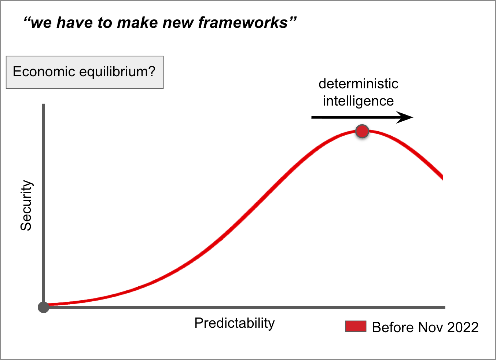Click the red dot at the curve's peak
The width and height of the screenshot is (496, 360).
(x=362, y=131)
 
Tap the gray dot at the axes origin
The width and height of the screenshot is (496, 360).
(x=43, y=307)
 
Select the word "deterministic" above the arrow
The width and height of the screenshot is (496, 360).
(x=359, y=84)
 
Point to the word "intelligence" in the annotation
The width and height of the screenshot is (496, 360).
(x=358, y=101)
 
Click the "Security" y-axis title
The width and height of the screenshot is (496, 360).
(x=26, y=205)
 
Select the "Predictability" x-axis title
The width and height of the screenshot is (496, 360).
(x=235, y=323)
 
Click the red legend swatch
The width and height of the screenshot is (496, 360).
(x=356, y=326)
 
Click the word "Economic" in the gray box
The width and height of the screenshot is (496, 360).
(x=44, y=71)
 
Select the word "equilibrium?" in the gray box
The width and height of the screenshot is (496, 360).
(x=117, y=72)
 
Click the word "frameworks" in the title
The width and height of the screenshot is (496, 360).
(x=243, y=23)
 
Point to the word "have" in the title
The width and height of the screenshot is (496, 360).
(x=74, y=23)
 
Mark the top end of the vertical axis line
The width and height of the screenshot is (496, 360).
(x=43, y=104)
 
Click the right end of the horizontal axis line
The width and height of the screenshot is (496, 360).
(x=445, y=307)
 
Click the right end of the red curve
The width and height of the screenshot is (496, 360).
(x=442, y=177)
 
